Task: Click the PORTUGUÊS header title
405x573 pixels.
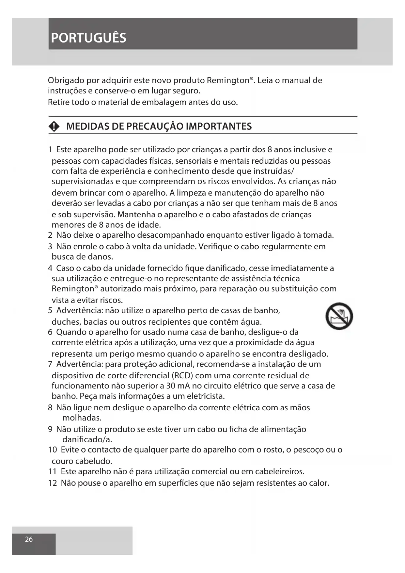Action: pos(88,38)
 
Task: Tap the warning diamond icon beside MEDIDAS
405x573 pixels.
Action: pos(54,127)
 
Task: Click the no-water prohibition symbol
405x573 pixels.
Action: pos(339,316)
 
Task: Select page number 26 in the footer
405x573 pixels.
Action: pos(29,539)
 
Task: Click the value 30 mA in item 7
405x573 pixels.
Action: pos(176,386)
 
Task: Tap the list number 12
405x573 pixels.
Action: pos(52,483)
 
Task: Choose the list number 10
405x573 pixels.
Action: pos(52,450)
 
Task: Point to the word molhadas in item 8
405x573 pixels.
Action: pos(82,418)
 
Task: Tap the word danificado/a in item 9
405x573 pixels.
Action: pos(87,439)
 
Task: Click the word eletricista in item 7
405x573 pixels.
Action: pos(205,397)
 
